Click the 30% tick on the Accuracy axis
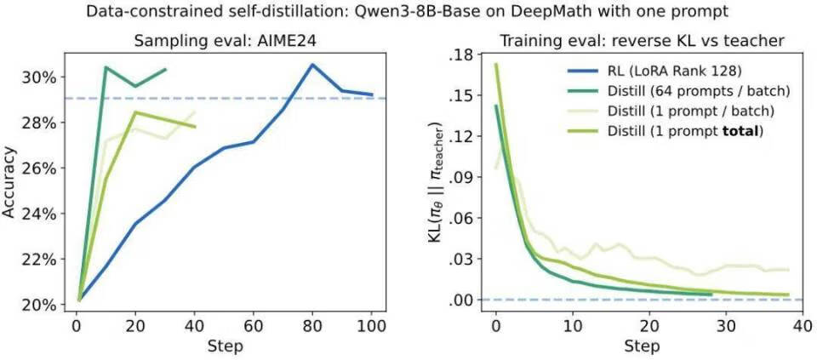[x=38, y=77]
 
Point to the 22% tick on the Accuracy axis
[x=38, y=259]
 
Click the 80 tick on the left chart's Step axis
[x=312, y=327]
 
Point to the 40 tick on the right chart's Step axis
[x=799, y=327]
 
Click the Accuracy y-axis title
[x=11, y=183]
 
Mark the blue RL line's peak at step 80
[x=312, y=65]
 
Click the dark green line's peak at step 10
[x=106, y=67]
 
